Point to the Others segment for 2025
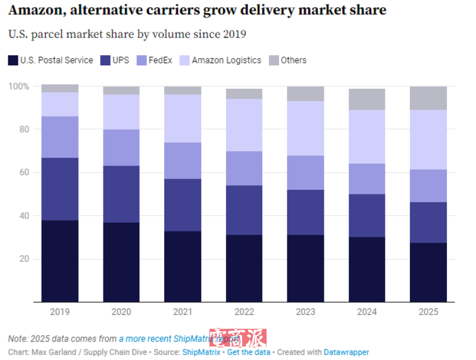[x=428, y=98]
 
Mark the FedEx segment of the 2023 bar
[x=306, y=173]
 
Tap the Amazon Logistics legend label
[x=226, y=60]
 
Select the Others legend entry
[x=293, y=60]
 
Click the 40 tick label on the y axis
[x=23, y=216]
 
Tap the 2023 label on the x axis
[x=306, y=312]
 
